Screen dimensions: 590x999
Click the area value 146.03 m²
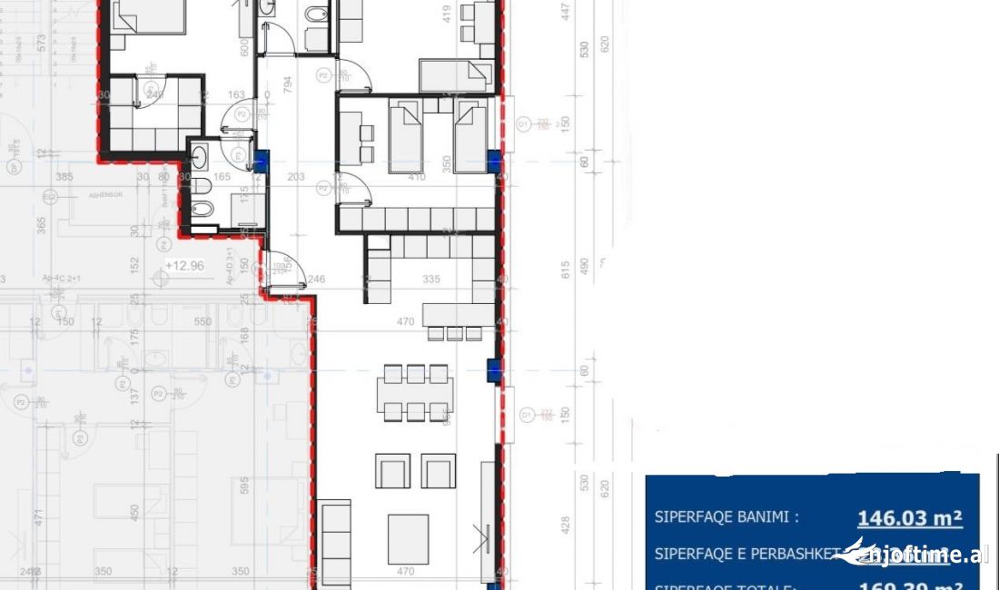pos(909,518)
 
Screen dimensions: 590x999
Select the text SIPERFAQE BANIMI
pos(727,517)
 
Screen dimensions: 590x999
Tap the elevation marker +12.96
pos(184,266)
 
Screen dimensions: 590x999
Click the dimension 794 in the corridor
pos(288,85)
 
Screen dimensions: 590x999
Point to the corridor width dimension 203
pos(295,178)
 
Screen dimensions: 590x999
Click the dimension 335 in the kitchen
pos(430,280)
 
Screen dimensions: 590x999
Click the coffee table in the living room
pos(408,539)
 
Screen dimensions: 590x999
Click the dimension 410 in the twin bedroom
pos(416,178)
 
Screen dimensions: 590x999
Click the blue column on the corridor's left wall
pos(262,161)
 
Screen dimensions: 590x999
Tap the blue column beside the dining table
pos(493,369)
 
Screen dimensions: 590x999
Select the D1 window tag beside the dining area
pos(526,414)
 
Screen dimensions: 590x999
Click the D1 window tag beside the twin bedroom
pos(523,123)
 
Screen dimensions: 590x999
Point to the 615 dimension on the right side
pos(565,269)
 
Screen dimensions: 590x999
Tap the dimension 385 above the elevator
pos(64,177)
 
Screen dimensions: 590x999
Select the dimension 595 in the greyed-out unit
pos(241,487)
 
